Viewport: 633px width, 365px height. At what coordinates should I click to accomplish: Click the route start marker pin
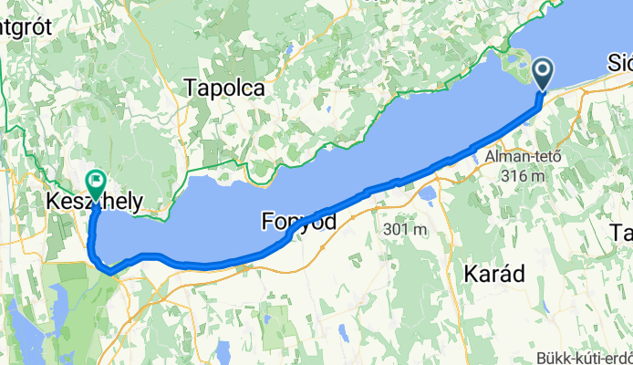(x=542, y=74)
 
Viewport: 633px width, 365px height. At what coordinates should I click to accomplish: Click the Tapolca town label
(x=223, y=89)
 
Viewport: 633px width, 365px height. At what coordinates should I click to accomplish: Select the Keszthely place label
(x=95, y=201)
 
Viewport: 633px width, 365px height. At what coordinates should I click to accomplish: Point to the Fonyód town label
(x=298, y=221)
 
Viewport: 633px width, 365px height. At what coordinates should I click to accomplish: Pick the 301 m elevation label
(x=406, y=229)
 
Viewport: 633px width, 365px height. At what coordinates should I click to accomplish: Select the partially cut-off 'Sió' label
(x=619, y=62)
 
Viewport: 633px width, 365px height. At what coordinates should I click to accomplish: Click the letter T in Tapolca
(x=190, y=89)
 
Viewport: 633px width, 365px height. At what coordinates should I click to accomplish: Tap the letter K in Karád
(x=471, y=272)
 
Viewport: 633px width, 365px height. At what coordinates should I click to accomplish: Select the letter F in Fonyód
(x=267, y=221)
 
